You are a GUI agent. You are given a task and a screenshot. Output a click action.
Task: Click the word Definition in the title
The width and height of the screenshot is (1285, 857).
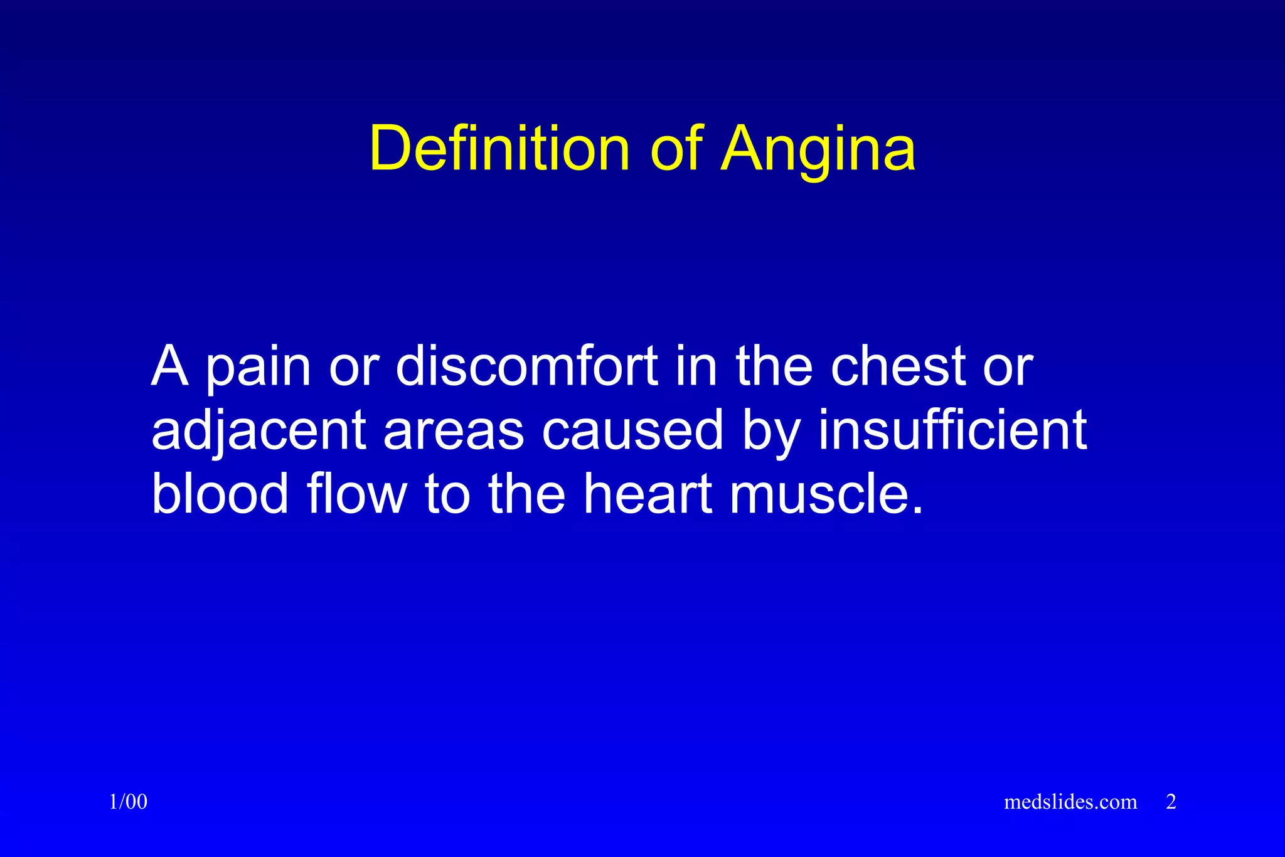[499, 149]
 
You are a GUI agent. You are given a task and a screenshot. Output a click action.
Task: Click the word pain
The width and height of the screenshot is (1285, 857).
[259, 368]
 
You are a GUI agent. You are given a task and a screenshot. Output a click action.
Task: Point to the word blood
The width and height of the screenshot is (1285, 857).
[220, 494]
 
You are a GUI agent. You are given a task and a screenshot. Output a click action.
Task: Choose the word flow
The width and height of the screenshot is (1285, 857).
[356, 494]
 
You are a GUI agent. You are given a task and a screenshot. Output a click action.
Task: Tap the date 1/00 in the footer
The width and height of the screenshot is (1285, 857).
[128, 802]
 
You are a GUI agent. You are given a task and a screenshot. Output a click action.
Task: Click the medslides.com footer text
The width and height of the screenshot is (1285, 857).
[1070, 802]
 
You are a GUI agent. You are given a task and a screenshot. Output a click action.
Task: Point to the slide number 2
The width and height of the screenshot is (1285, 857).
[1171, 802]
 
